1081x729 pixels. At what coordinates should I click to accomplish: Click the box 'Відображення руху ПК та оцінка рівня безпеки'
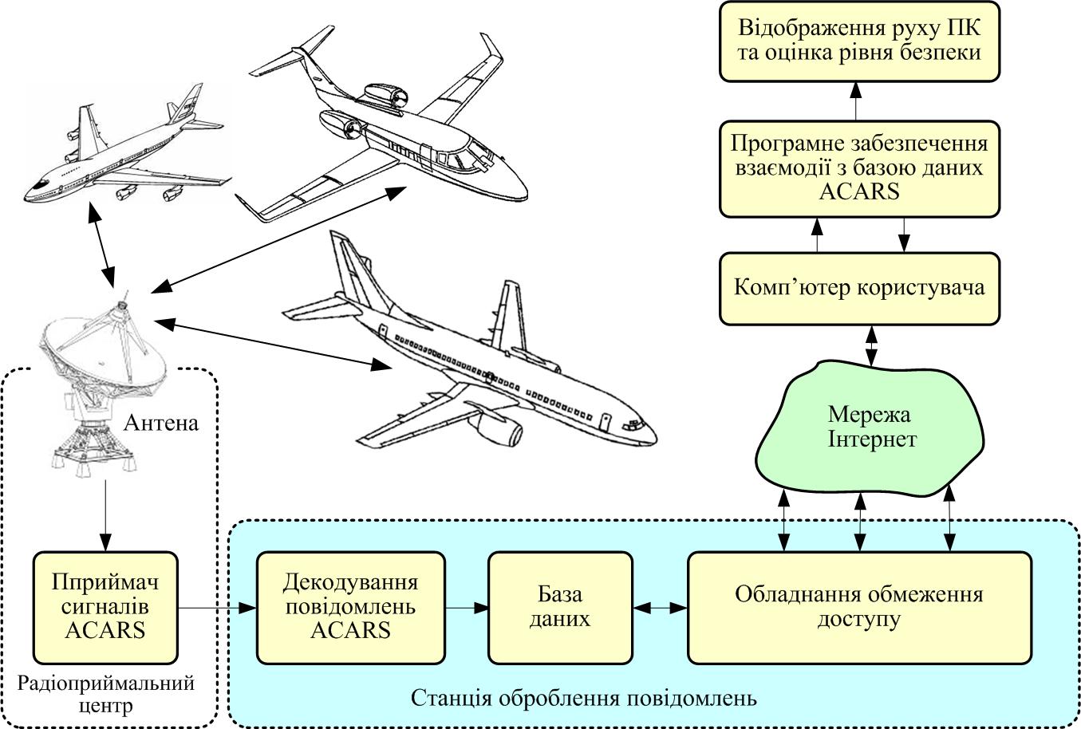tap(859, 41)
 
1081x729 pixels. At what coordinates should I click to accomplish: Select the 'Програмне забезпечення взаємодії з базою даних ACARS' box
tap(859, 168)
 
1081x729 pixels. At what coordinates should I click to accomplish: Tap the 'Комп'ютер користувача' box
tap(859, 288)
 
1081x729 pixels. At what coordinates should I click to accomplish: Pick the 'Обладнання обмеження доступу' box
tap(858, 607)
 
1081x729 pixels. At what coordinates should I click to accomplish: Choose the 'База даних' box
tap(560, 607)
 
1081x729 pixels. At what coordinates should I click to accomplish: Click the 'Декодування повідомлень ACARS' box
tap(350, 607)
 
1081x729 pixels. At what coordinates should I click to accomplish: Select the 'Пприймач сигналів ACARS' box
tap(105, 607)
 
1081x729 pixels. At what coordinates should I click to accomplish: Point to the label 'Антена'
tap(161, 422)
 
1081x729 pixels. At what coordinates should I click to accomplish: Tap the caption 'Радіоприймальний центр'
tap(105, 694)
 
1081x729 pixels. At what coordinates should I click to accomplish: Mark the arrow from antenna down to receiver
tap(105, 514)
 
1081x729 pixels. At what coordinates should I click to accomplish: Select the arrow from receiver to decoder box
tap(216, 609)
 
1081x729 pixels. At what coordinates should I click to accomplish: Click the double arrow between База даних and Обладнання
tap(660, 608)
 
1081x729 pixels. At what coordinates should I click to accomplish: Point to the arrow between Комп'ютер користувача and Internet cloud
tap(871, 345)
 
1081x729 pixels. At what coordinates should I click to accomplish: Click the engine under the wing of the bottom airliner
tap(500, 431)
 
